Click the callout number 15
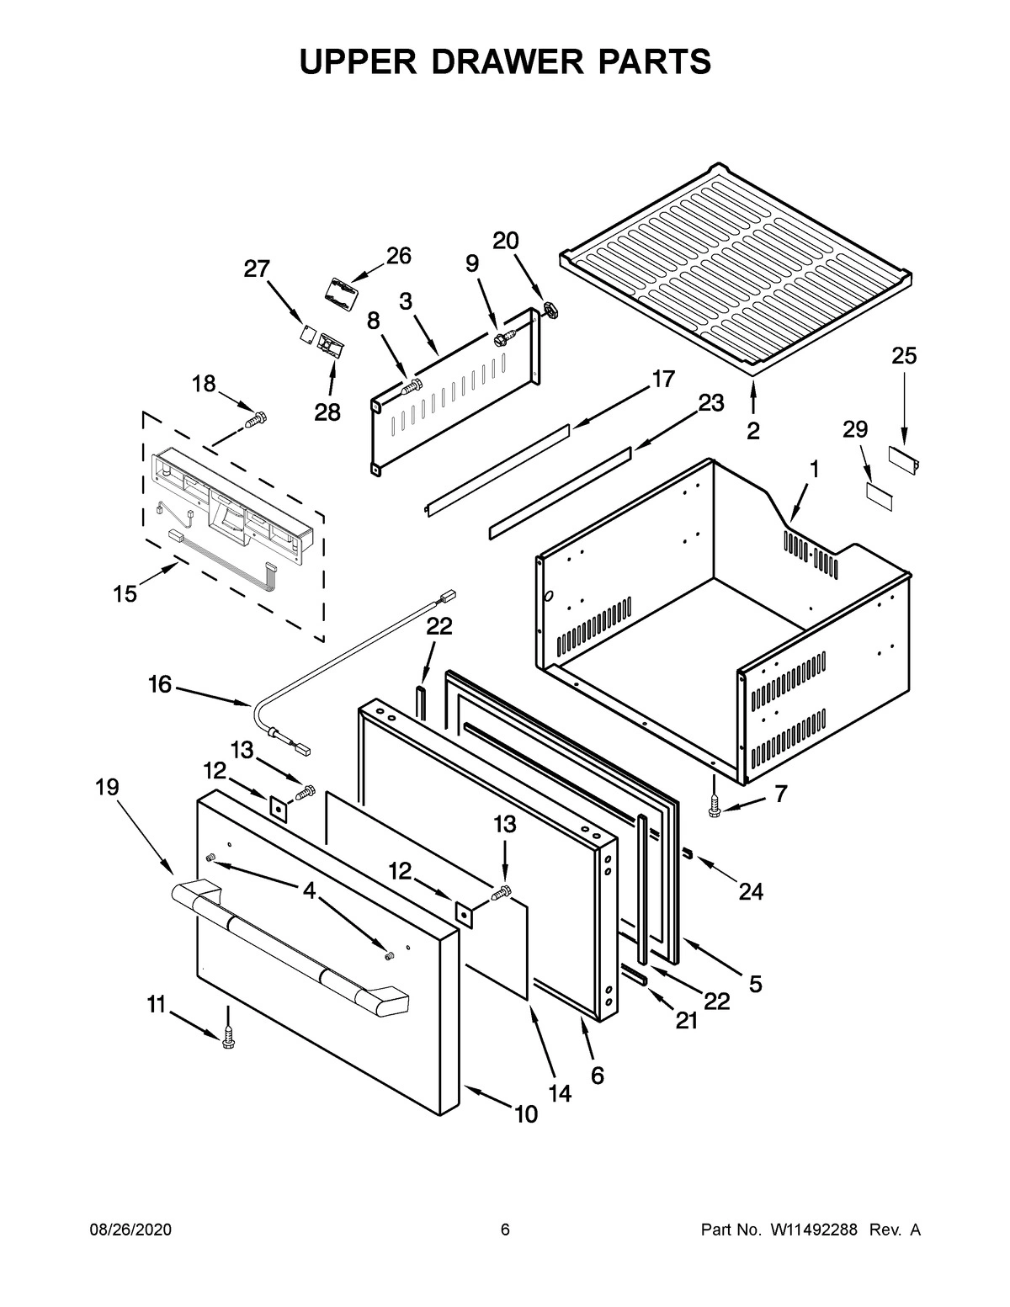point(125,594)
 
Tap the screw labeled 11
point(227,1040)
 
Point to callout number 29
point(854,430)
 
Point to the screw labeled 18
point(256,417)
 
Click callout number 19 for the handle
point(107,787)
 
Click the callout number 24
point(751,891)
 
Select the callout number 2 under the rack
point(752,431)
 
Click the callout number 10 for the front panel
point(525,1114)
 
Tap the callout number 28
point(327,412)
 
